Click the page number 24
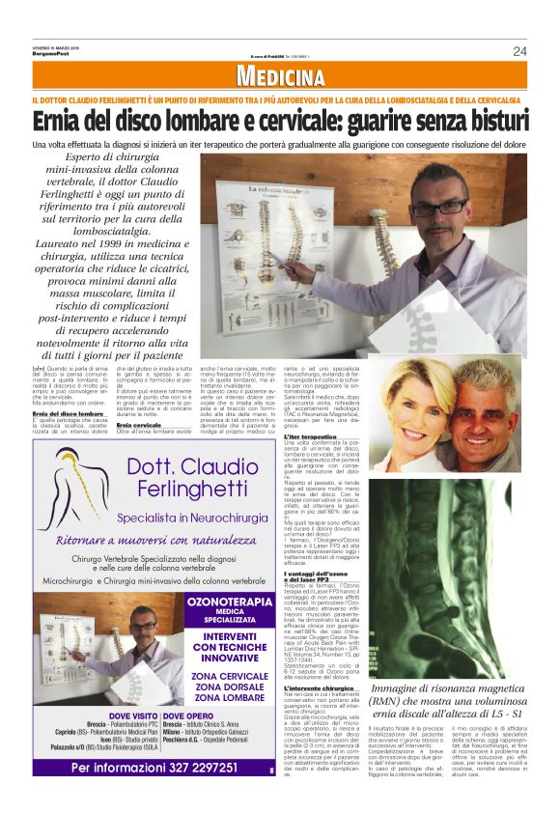[x=519, y=51]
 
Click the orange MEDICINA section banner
[x=280, y=78]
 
